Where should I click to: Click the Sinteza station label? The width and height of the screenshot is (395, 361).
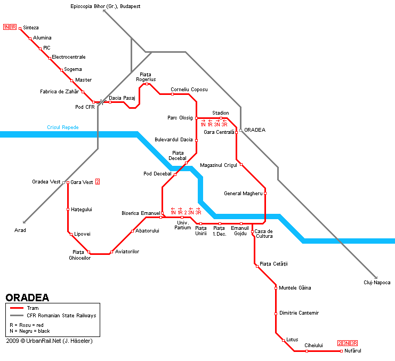[31, 28]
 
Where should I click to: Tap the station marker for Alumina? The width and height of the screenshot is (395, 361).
[30, 38]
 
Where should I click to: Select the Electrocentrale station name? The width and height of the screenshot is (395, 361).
[69, 57]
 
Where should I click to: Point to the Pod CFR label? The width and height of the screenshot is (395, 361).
[85, 107]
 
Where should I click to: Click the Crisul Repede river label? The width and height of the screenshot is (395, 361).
[62, 127]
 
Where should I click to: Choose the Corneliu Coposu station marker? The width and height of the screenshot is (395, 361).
[172, 94]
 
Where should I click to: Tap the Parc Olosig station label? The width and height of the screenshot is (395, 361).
[180, 118]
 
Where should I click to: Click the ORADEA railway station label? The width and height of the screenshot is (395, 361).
[255, 130]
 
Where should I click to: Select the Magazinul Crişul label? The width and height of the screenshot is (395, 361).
[218, 165]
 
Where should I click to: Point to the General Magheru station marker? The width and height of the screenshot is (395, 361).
[265, 194]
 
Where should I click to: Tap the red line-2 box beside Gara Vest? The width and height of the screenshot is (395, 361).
[98, 182]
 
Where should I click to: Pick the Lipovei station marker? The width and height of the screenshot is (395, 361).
[71, 234]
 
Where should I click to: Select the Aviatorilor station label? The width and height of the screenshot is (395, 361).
[127, 252]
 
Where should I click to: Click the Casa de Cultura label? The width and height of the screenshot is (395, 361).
[264, 234]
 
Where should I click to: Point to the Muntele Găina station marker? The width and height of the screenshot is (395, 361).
[276, 288]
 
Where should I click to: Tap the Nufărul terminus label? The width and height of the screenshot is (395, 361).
[353, 350]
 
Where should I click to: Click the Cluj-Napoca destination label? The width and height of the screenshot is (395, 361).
[377, 283]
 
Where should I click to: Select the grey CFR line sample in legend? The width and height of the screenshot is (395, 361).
[17, 315]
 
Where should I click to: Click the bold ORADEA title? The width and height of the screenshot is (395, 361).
[27, 298]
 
